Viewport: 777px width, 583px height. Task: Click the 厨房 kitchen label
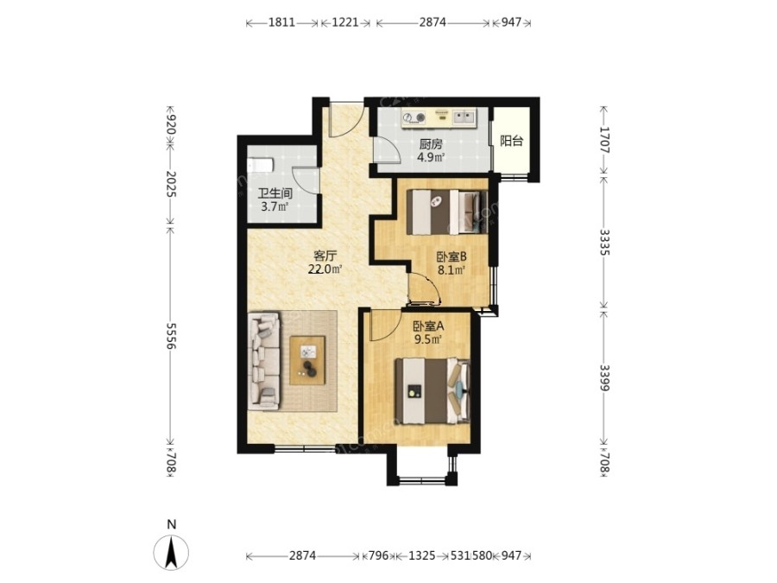pos(431,144)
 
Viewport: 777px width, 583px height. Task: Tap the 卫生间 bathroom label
pos(275,193)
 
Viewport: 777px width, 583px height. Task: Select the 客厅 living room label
pos(325,257)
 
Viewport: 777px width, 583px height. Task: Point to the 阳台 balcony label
pos(511,142)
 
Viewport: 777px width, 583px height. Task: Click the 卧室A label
pos(428,326)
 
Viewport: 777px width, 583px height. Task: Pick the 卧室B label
pos(452,257)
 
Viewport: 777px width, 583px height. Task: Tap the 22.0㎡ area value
pos(325,269)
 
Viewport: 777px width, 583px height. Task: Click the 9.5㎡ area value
pos(428,339)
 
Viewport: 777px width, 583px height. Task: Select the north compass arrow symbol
pos(171,552)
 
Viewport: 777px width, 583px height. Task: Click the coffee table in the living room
pos(307,360)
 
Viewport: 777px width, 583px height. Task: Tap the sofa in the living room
pos(264,361)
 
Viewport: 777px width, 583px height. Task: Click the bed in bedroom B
pos(447,212)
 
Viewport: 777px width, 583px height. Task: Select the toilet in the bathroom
pos(261,165)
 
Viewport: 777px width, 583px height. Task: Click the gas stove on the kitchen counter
pos(414,117)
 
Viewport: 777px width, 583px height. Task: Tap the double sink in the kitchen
pos(464,117)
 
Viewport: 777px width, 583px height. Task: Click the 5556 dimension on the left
pos(171,336)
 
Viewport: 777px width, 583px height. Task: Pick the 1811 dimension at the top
pos(282,22)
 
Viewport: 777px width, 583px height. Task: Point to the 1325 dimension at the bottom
pos(421,555)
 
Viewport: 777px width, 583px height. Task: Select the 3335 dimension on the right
pos(604,242)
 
